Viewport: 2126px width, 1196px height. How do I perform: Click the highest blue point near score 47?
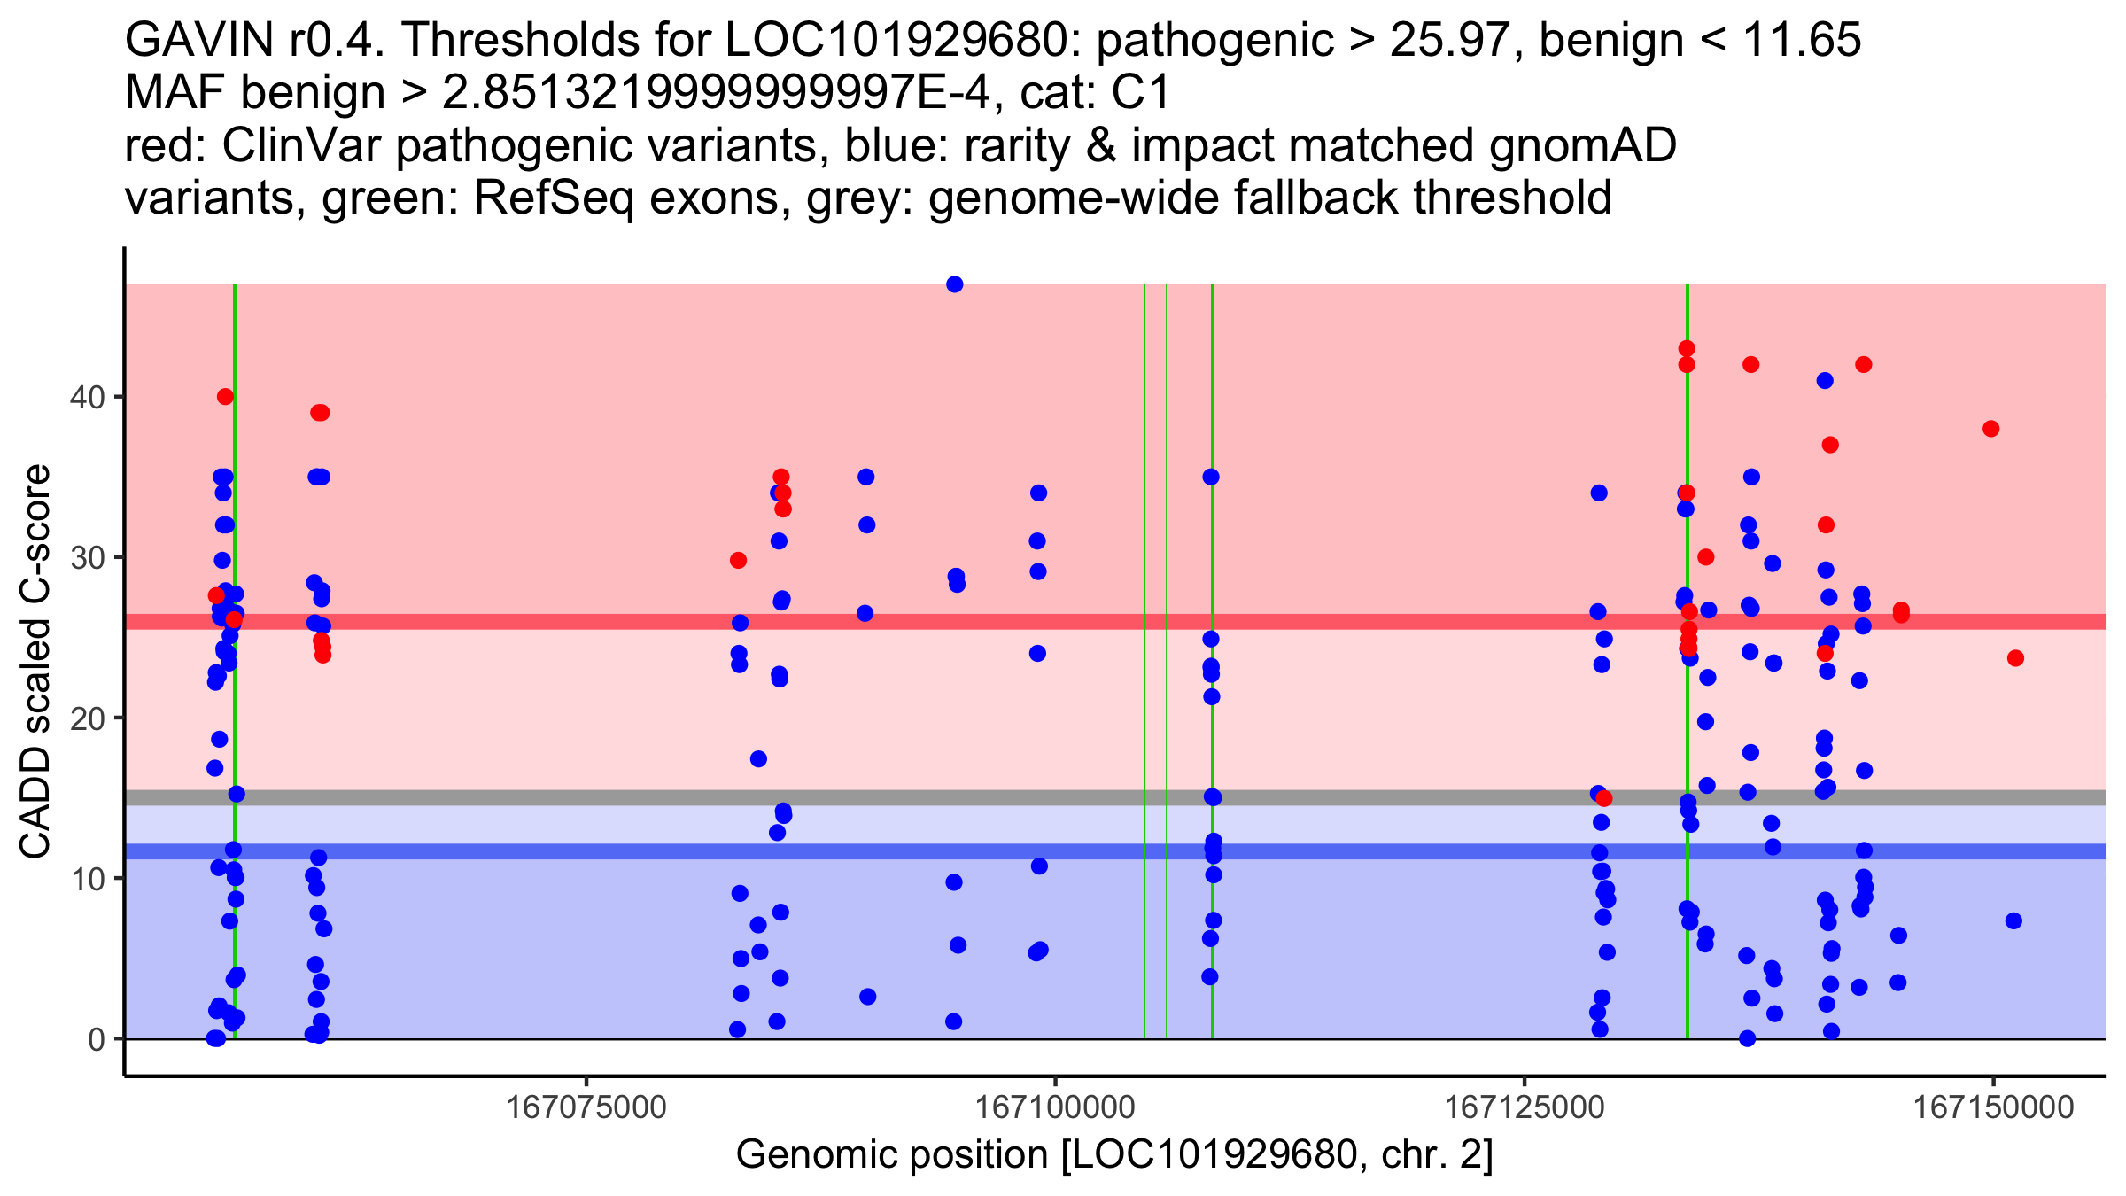point(954,284)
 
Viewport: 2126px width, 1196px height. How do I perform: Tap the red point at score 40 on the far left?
point(225,396)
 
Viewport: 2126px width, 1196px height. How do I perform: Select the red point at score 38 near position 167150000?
point(1991,429)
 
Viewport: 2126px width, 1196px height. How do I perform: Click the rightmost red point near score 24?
point(2015,658)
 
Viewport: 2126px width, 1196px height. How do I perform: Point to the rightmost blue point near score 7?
point(2013,920)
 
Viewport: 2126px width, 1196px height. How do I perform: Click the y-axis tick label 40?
point(86,397)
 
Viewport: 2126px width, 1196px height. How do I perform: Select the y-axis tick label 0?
point(96,1039)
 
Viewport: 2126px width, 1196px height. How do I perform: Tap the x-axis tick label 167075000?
point(586,1107)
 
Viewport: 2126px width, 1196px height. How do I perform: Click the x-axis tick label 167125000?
point(1525,1107)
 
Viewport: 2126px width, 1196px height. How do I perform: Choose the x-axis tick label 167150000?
point(1993,1107)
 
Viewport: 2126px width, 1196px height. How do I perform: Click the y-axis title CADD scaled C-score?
point(35,661)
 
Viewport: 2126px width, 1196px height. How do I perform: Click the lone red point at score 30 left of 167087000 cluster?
point(738,560)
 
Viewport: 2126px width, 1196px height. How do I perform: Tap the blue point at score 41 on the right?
point(1825,381)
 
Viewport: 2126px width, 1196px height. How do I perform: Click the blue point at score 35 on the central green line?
point(1211,477)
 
